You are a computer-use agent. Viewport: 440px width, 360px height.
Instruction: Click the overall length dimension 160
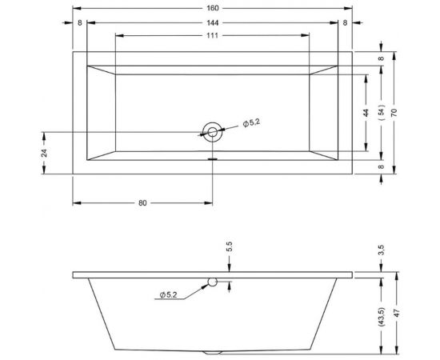(213, 9)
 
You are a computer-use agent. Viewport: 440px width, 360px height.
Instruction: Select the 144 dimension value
(213, 23)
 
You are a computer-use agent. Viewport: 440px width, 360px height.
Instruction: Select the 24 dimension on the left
(45, 152)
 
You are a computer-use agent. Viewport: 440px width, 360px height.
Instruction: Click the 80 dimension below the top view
(142, 203)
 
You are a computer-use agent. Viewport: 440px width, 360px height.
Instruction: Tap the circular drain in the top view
(213, 132)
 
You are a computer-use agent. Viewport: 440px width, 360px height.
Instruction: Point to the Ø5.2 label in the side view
(168, 296)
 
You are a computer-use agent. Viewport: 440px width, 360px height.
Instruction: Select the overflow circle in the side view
(213, 282)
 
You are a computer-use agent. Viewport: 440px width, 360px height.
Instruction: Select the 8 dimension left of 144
(80, 23)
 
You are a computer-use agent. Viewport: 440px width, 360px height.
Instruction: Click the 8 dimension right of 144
(345, 23)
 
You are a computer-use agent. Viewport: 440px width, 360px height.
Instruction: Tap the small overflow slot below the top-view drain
(213, 158)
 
